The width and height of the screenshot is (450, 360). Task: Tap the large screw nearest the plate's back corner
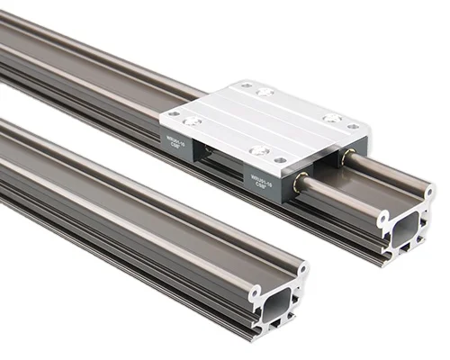265,92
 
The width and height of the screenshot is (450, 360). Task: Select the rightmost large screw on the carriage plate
332,118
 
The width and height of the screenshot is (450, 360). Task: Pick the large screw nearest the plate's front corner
259,150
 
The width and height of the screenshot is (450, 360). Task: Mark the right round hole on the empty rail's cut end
302,267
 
